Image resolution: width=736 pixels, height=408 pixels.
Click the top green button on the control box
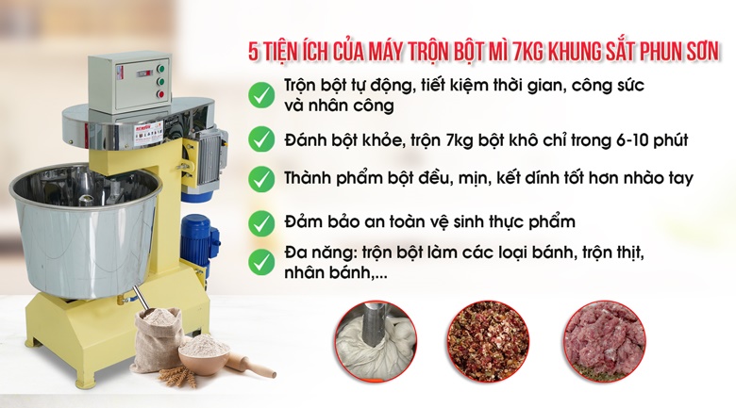[160, 69]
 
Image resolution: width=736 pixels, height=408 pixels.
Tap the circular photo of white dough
[376, 341]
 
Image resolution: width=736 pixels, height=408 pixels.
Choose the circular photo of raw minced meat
[605, 341]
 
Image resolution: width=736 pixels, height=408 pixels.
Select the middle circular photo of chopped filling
[488, 341]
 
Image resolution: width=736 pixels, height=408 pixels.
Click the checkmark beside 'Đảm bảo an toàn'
[261, 223]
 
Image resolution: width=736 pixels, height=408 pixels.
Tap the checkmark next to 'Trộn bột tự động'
[261, 95]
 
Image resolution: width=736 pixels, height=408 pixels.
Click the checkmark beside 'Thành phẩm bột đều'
[261, 179]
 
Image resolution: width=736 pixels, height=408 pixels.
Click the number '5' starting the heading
[254, 53]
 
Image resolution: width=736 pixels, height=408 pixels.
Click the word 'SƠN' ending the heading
[702, 52]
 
